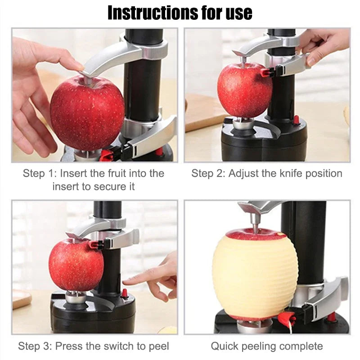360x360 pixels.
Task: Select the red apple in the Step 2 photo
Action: click(x=243, y=90)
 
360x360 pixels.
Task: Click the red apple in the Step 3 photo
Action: click(x=75, y=265)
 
